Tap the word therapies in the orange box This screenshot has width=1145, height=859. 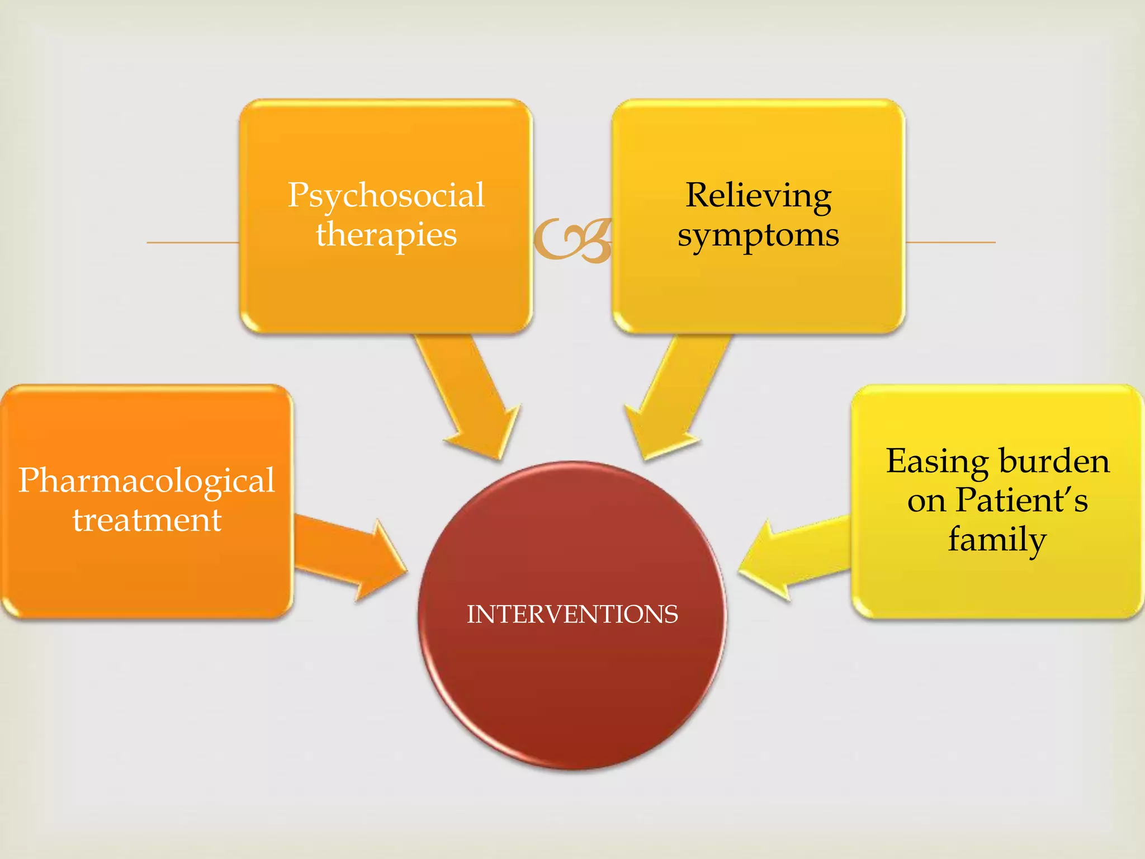[386, 235]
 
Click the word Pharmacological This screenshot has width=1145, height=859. [146, 481]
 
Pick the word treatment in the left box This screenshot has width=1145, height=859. [146, 520]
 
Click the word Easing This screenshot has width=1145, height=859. [937, 463]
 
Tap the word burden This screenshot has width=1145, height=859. [1054, 462]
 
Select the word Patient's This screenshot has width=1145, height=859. [1021, 500]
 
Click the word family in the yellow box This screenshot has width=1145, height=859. [997, 540]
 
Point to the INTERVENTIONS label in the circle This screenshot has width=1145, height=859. [572, 614]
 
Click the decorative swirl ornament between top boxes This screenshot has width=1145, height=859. [572, 240]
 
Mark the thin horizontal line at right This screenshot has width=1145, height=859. [950, 242]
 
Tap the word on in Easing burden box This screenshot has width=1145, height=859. [926, 501]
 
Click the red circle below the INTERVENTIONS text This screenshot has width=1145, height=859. [572, 699]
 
